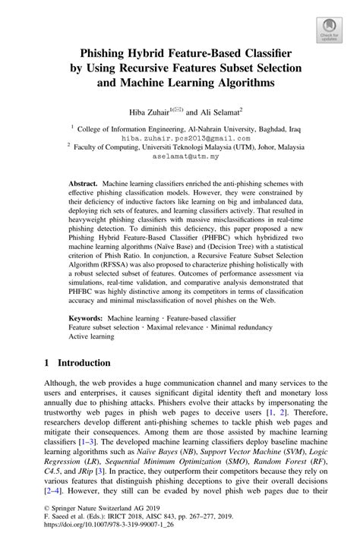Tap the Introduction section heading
(80, 363)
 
